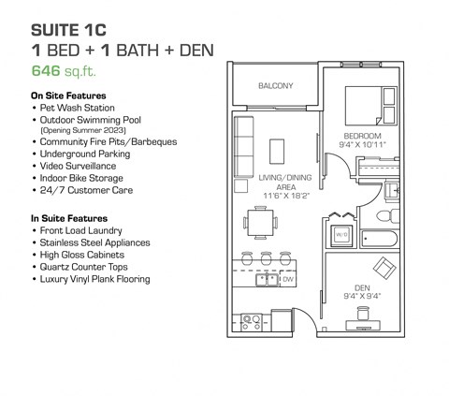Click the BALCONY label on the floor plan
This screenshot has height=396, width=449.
(x=276, y=86)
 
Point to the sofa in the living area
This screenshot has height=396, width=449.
(x=243, y=145)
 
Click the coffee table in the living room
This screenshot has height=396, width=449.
(x=278, y=151)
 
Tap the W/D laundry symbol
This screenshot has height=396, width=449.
(x=342, y=235)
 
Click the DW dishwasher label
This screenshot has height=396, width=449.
(x=288, y=279)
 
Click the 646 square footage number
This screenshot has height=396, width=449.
(x=46, y=68)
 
